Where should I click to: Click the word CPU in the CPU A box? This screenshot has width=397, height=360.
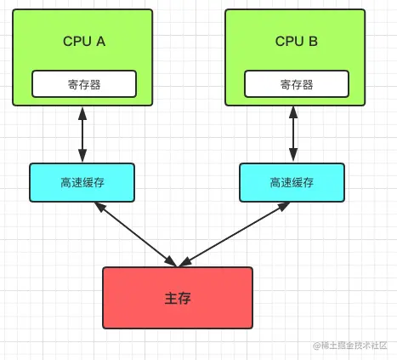click(x=77, y=42)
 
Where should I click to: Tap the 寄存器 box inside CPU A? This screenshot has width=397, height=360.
click(x=83, y=84)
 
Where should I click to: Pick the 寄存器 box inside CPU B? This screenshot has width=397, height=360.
click(x=296, y=84)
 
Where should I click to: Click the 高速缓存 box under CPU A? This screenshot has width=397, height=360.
click(x=82, y=182)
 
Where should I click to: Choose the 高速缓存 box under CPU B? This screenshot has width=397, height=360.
click(x=292, y=182)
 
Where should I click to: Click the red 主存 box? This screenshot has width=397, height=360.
click(x=178, y=297)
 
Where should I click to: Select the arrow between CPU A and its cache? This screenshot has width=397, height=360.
click(x=82, y=134)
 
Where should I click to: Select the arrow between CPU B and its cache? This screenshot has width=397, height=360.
click(x=294, y=134)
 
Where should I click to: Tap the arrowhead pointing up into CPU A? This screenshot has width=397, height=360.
click(x=82, y=111)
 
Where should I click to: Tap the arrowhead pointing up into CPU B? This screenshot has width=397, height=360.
click(x=294, y=111)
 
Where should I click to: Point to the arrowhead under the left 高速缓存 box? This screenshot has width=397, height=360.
click(x=100, y=207)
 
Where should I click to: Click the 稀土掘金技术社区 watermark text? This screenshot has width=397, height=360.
click(x=355, y=346)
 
